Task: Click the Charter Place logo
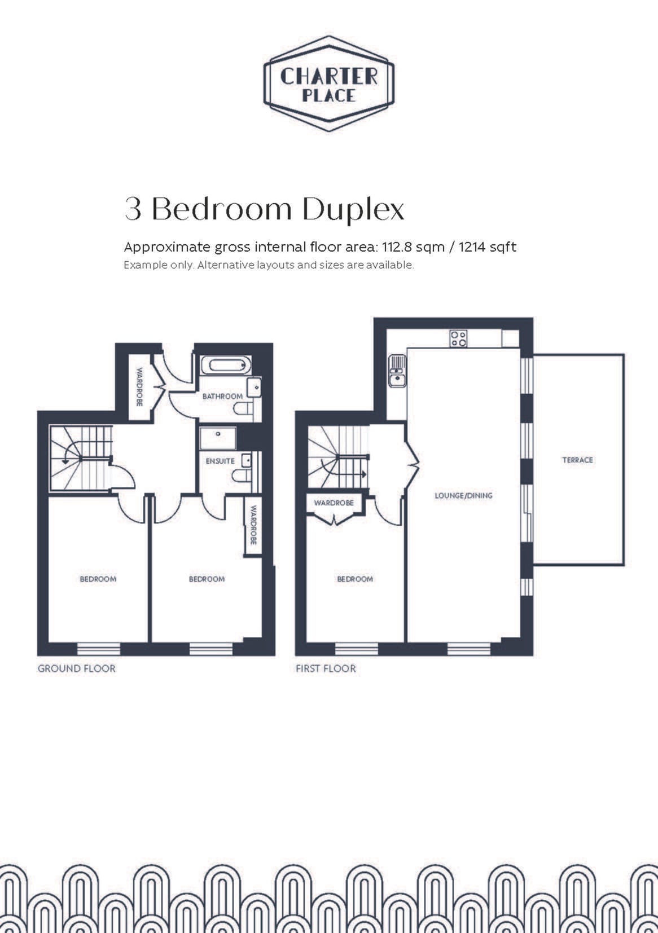point(329,83)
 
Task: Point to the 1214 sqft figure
point(487,247)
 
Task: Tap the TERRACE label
point(577,460)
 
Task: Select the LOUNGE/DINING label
point(463,495)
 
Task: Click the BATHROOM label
point(222,396)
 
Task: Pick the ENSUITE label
point(220,461)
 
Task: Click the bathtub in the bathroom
point(226,366)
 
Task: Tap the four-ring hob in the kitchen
point(458,338)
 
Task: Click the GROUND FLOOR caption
point(77,668)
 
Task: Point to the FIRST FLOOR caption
point(326,668)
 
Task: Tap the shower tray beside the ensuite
point(218,438)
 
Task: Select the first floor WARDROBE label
point(334,503)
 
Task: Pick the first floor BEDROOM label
point(355,579)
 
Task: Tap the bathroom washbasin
point(254,388)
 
